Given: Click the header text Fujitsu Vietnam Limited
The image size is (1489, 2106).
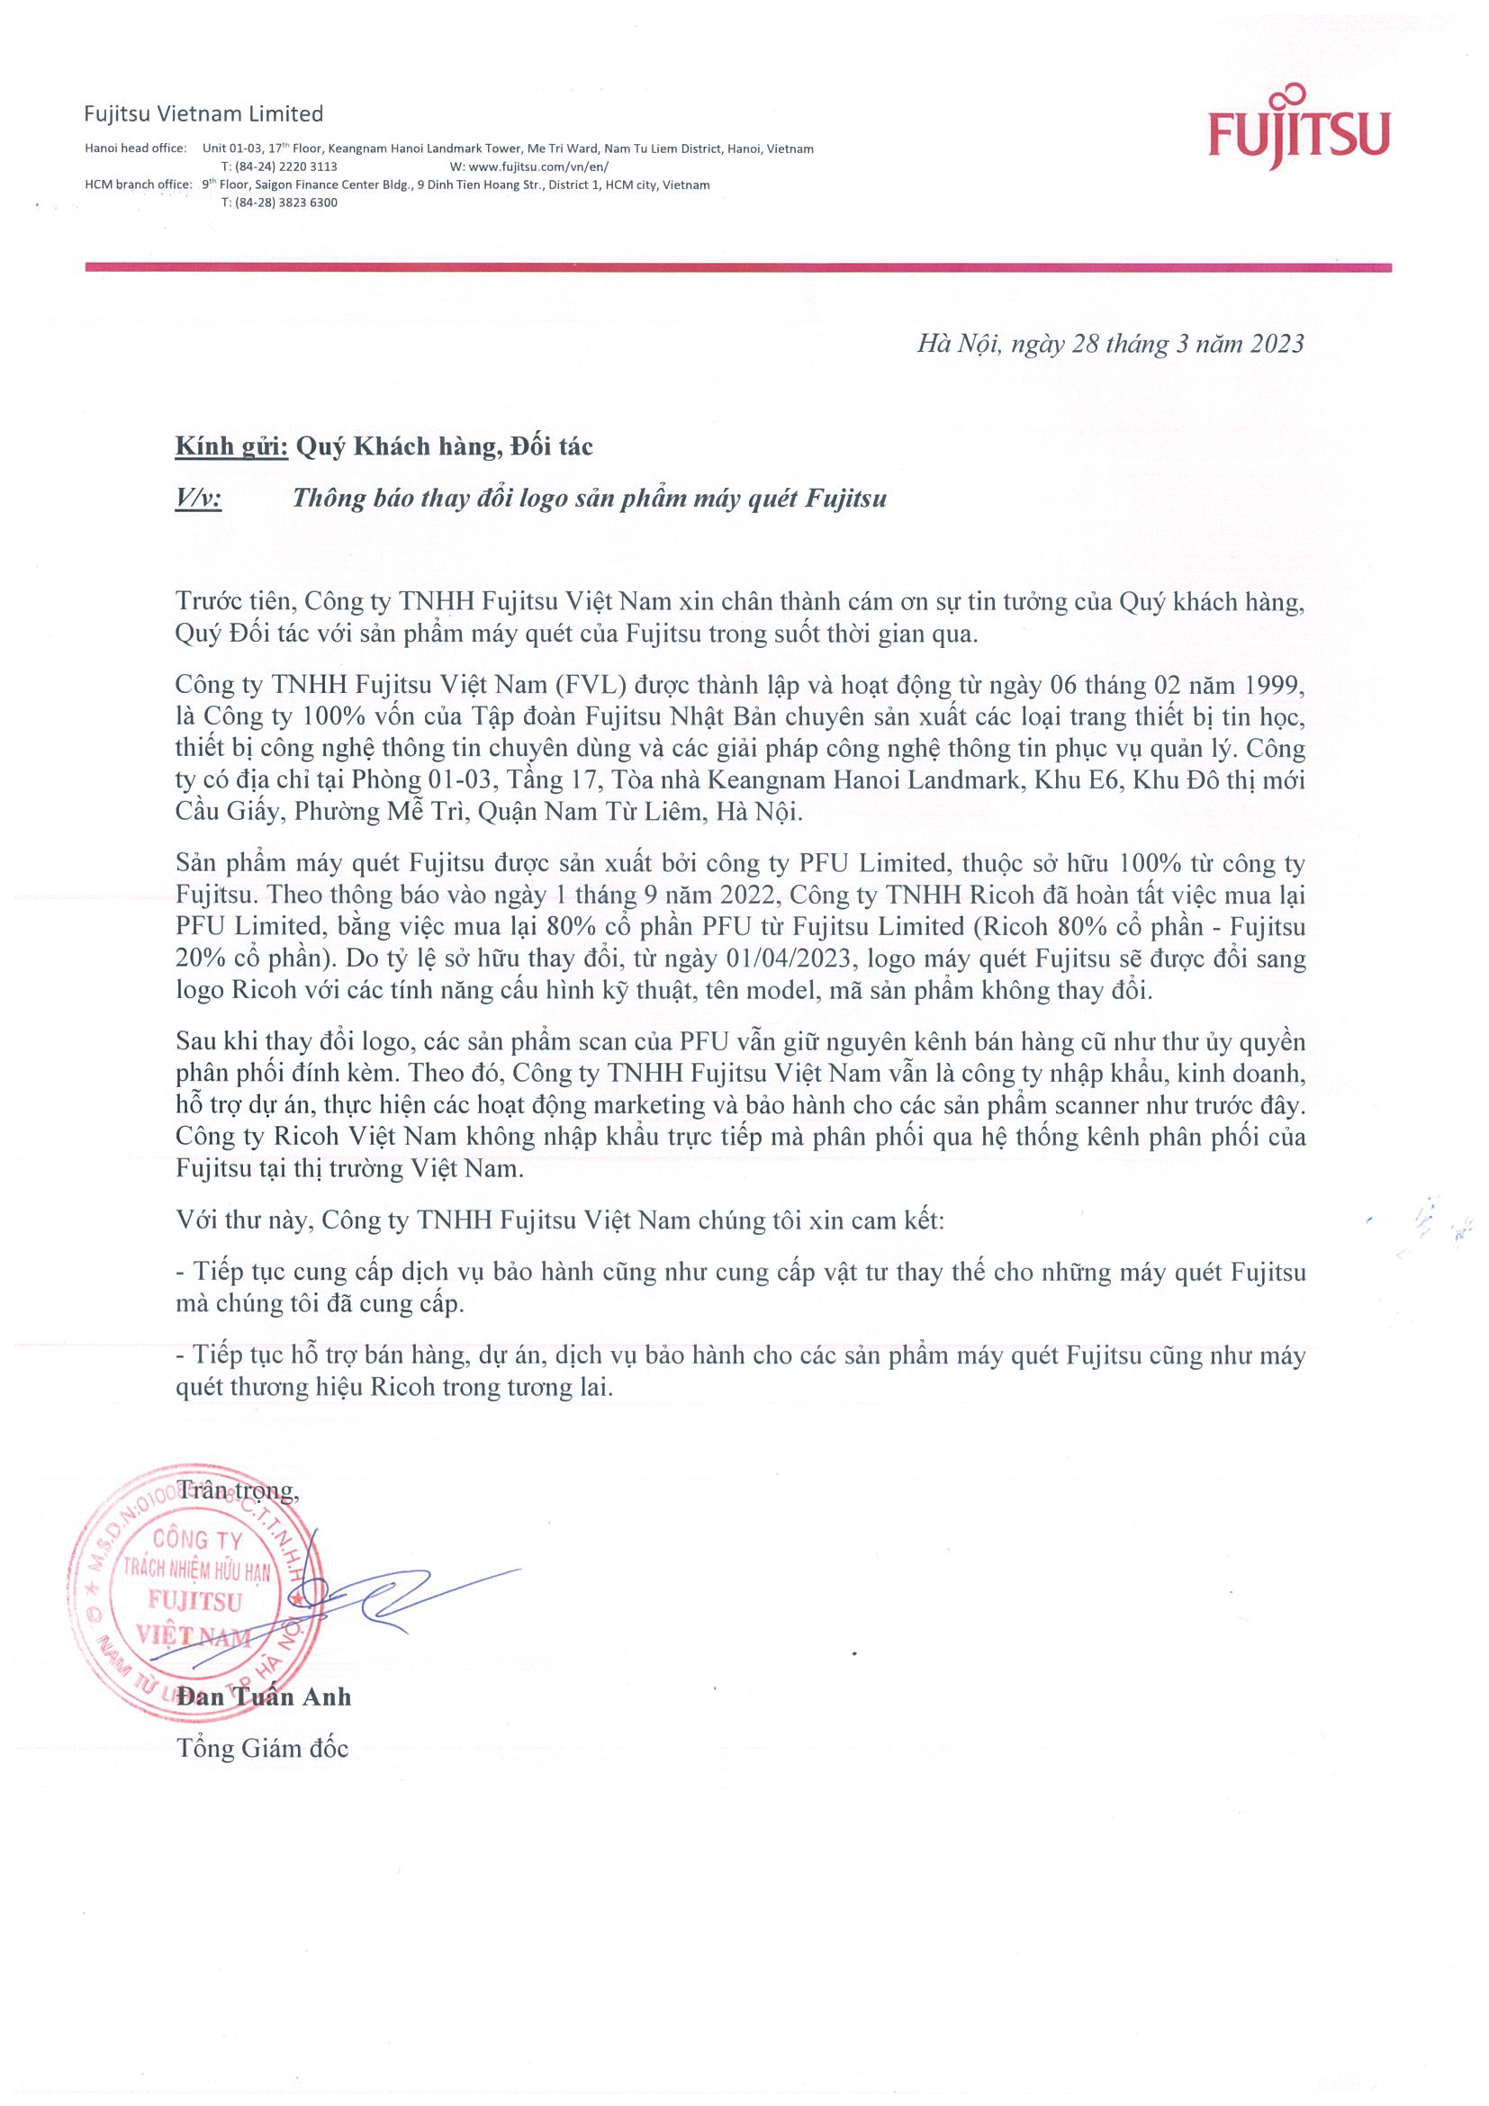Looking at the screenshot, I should (203, 113).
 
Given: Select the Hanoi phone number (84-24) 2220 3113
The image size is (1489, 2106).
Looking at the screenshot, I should (279, 166).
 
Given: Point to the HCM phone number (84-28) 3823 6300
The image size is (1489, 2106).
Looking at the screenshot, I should (279, 202).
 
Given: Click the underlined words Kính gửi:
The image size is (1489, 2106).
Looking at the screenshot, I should (232, 446).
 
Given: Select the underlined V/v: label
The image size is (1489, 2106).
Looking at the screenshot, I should (198, 498).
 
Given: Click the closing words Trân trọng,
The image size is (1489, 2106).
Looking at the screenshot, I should (238, 1490).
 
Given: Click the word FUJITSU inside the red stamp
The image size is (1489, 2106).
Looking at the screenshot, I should (195, 1600).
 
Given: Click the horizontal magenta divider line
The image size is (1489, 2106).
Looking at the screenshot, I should (737, 267).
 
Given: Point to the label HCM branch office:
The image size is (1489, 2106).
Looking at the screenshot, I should (138, 184).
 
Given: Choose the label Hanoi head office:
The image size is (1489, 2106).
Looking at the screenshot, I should (135, 148).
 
